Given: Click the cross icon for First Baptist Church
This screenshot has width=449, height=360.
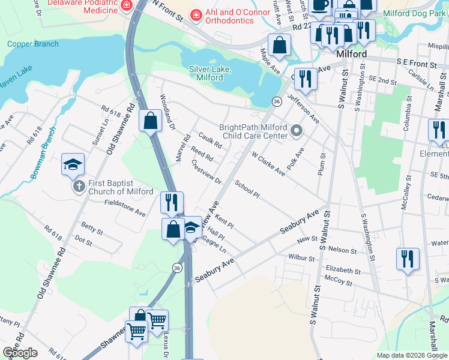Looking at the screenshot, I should click(79, 187).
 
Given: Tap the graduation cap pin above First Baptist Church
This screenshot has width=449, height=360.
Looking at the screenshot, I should click(73, 164).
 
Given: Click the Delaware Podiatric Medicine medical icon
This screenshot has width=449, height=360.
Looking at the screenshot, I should click(127, 5).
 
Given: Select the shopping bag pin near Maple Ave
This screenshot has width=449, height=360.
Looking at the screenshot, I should click(279, 45).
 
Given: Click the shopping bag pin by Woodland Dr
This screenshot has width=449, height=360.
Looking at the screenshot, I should click(149, 120).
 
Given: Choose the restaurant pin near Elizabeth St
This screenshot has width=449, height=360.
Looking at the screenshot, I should click(408, 259).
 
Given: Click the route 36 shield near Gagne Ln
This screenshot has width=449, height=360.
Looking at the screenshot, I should click(176, 267).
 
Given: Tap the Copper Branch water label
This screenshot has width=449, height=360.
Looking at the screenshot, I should click(33, 44).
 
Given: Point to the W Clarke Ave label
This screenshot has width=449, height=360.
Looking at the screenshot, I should click(268, 163).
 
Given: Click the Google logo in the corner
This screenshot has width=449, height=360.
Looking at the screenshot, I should click(20, 353).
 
